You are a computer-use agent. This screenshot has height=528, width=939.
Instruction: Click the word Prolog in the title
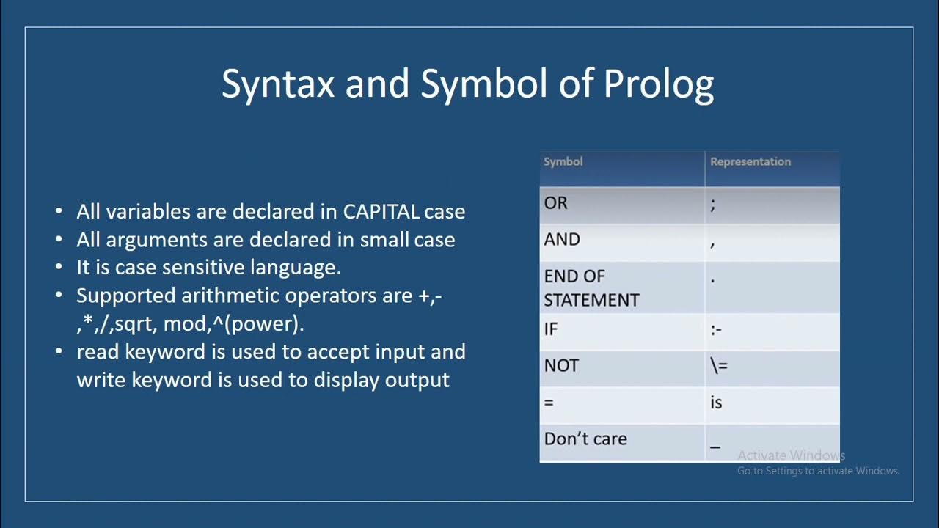(658, 84)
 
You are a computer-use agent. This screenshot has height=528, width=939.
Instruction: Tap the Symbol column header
(563, 161)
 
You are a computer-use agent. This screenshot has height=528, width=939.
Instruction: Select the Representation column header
(750, 161)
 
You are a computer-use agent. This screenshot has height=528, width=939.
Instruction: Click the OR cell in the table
(555, 203)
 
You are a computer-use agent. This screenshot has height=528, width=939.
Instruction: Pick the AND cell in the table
(562, 240)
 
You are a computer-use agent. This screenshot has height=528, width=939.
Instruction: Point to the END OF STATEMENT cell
(591, 288)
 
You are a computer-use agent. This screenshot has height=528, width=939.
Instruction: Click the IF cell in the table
(551, 329)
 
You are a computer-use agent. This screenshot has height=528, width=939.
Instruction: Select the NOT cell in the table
(561, 365)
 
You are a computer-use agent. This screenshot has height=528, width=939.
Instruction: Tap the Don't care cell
(585, 439)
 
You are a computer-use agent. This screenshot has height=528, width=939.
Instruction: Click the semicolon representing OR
(712, 205)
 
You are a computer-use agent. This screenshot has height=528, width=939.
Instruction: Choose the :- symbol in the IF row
(716, 330)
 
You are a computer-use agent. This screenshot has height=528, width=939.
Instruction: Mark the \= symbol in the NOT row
(718, 365)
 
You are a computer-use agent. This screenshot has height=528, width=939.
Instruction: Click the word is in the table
(716, 403)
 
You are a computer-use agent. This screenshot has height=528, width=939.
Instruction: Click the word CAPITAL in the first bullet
(381, 212)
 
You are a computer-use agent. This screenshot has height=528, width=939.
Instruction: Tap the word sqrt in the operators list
(134, 323)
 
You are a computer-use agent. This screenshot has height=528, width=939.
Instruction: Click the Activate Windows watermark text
(791, 455)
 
